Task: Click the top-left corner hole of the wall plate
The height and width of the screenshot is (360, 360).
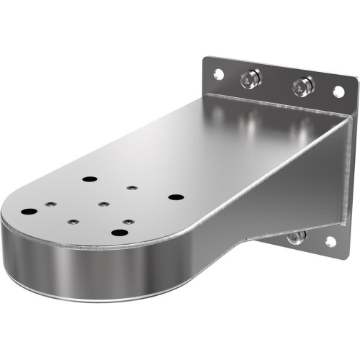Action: coord(217,73)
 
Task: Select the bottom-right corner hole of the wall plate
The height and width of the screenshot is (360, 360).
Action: coord(330,242)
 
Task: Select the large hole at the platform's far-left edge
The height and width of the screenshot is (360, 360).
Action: coord(29,212)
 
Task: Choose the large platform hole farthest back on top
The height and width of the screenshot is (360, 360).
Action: coord(89,179)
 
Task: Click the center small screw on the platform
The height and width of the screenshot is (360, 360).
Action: coord(104,204)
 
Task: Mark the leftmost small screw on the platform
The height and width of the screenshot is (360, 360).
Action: coord(50,204)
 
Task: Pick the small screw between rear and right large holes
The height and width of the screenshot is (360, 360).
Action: coord(131,188)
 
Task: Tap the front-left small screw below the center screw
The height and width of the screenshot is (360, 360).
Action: coord(72,222)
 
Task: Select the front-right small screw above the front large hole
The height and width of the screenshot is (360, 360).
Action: coord(127,222)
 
